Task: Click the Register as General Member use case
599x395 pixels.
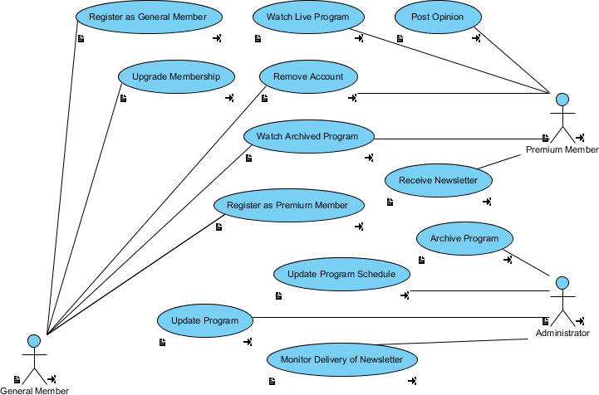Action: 149,17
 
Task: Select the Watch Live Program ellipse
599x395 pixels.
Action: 307,17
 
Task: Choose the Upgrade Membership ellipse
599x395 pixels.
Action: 176,76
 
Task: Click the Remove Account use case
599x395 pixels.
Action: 308,76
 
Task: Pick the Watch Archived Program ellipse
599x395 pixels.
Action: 307,136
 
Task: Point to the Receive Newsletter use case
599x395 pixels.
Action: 438,180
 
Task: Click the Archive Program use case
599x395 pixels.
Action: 464,238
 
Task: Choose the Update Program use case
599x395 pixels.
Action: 204,320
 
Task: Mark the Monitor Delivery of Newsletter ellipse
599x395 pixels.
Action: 341,359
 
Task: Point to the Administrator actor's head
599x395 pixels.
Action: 562,283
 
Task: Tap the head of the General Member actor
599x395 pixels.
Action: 34,340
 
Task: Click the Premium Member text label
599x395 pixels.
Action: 562,150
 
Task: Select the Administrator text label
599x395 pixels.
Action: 562,333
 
